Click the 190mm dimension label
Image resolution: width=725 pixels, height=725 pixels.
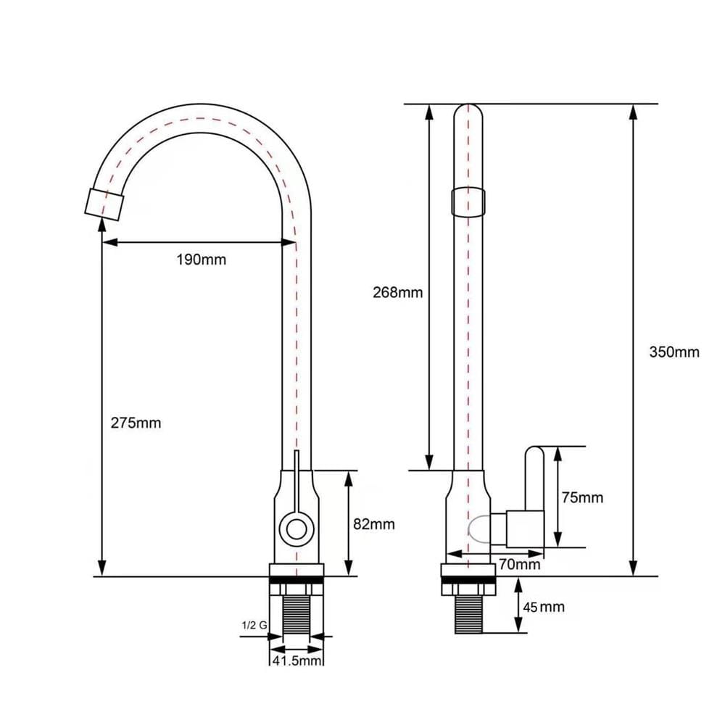coord(201,260)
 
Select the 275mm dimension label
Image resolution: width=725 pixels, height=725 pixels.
coord(136,423)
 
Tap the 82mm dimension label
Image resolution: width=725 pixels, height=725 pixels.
coord(374,524)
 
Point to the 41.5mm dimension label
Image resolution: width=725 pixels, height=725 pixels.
coord(297,660)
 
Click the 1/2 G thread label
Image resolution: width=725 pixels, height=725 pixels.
coord(254,626)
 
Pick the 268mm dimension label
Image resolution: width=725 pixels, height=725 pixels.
coord(397,292)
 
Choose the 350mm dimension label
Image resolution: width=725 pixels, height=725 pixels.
coord(674,352)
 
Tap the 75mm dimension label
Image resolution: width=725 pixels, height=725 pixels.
coord(583,497)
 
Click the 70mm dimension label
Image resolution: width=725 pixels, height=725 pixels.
coord(520,564)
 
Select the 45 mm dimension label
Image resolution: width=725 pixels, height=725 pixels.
coord(544,607)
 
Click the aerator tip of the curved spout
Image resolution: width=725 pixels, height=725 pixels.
coord(104,204)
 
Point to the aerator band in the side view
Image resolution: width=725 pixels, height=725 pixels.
coord(468,202)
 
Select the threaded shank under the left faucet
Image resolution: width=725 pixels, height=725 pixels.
coord(297,615)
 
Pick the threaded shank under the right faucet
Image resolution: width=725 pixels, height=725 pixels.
coord(468,615)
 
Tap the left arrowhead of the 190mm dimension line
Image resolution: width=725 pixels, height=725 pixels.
coord(110,242)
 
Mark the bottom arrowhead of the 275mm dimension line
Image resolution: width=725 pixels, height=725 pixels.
coord(102,568)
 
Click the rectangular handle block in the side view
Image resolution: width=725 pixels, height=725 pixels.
coord(525,529)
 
